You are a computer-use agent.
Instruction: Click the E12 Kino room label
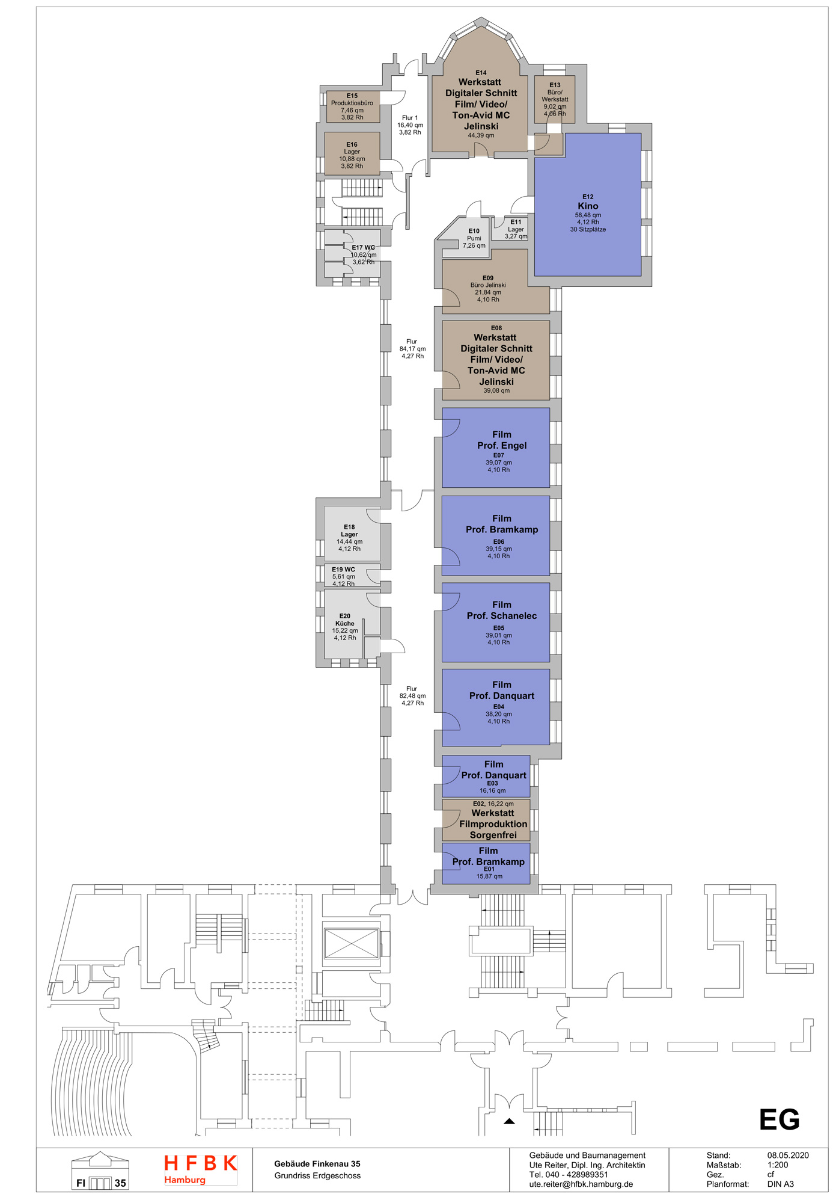pos(587,206)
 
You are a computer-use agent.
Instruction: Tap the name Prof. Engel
pos(502,446)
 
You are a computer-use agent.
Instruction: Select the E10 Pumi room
pos(474,238)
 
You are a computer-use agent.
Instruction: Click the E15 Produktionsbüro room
pos(352,106)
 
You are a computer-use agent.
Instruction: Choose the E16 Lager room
pos(352,155)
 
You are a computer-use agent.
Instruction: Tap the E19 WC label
pos(344,570)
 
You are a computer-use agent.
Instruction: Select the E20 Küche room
pos(345,627)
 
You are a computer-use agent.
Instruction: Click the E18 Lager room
pos(349,537)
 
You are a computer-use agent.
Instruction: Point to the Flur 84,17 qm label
pos(412,349)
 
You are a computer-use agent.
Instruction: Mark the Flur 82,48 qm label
pos(412,696)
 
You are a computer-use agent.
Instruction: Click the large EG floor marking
pos(779,1120)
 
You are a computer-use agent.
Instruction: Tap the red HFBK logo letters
pos(201,1163)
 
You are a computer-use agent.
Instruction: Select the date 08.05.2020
pos(787,1155)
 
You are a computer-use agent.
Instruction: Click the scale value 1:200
pos(777,1165)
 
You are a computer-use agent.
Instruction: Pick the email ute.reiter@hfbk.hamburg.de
pos(581,1184)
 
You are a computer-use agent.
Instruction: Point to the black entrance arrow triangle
pos(509,1121)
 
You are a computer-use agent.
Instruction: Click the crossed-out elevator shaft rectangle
pos(351,943)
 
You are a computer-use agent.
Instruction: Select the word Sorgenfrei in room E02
pos(493,835)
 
